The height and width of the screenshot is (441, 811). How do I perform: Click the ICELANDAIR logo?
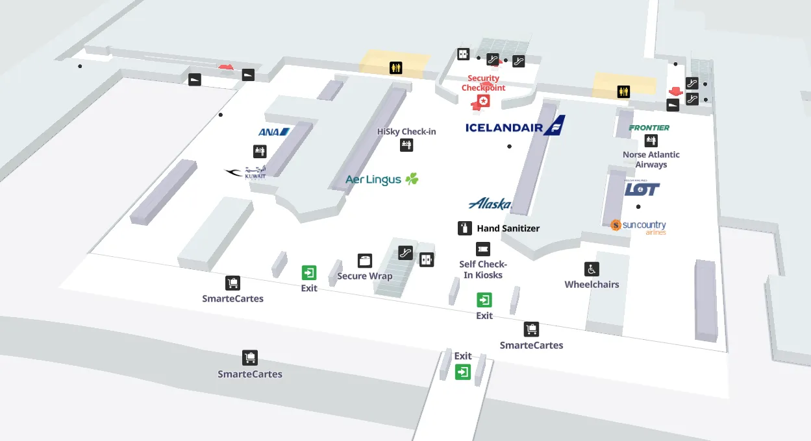click(x=515, y=126)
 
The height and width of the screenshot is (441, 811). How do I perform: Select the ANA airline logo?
click(x=273, y=132)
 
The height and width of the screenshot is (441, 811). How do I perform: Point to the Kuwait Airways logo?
click(x=245, y=173)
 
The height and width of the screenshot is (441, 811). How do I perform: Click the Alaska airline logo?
click(x=490, y=204)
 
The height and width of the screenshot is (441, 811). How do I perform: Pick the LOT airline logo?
click(x=642, y=188)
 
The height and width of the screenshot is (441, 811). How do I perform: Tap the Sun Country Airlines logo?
click(x=638, y=226)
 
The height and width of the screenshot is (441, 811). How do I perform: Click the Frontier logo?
click(x=649, y=128)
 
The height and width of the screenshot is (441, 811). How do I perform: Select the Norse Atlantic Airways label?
click(x=651, y=160)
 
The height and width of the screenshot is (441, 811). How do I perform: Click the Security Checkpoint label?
click(x=483, y=83)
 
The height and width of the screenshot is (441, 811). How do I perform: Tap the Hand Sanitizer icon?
click(x=464, y=228)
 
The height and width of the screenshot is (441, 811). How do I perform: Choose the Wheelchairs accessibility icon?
click(x=592, y=269)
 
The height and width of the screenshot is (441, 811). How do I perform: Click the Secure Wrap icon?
click(x=365, y=261)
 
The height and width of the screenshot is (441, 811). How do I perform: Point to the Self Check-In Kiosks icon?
click(x=482, y=249)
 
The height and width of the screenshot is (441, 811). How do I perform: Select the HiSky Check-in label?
click(x=406, y=132)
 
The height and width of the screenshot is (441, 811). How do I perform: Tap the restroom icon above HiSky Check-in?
click(x=395, y=67)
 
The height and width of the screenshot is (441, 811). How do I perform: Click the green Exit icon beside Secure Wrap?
click(x=309, y=273)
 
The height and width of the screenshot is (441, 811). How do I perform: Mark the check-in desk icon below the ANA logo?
click(x=260, y=152)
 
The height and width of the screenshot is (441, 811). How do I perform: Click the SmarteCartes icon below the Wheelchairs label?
click(x=531, y=329)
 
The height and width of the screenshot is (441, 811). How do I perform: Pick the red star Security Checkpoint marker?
click(x=484, y=101)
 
